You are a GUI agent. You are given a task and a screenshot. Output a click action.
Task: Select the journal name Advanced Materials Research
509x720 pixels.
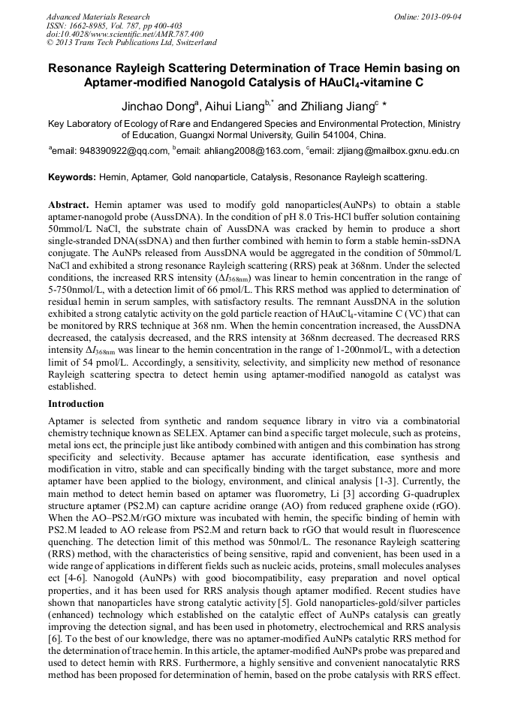click(x=98, y=16)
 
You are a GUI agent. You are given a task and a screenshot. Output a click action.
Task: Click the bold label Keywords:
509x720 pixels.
click(x=71, y=177)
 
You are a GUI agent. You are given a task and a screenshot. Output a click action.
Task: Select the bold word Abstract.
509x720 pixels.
click(x=68, y=204)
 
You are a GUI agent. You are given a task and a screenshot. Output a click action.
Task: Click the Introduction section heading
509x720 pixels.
click(x=76, y=404)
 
